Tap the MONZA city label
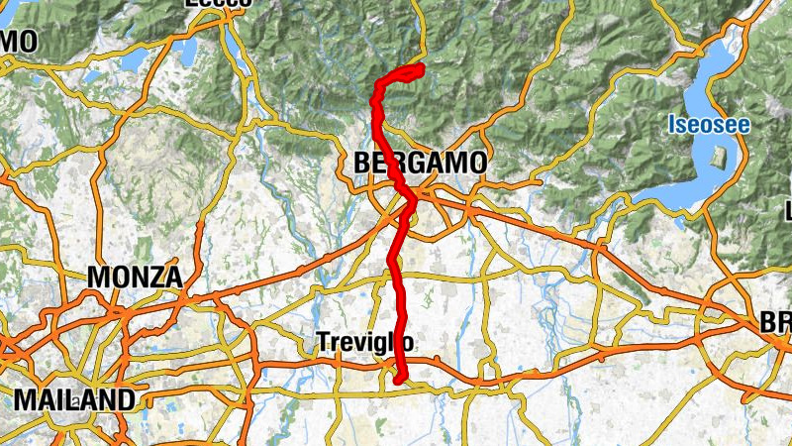tap(135, 278)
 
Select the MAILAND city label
tap(74, 400)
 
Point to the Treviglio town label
tap(365, 342)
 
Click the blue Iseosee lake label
tap(708, 126)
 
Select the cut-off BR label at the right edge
tap(775, 324)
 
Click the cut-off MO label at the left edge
tap(19, 42)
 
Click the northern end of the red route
tap(421, 67)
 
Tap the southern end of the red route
tap(398, 379)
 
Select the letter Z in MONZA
tap(156, 278)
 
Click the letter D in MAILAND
tap(124, 400)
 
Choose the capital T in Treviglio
tap(322, 342)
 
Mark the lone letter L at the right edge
tap(788, 211)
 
